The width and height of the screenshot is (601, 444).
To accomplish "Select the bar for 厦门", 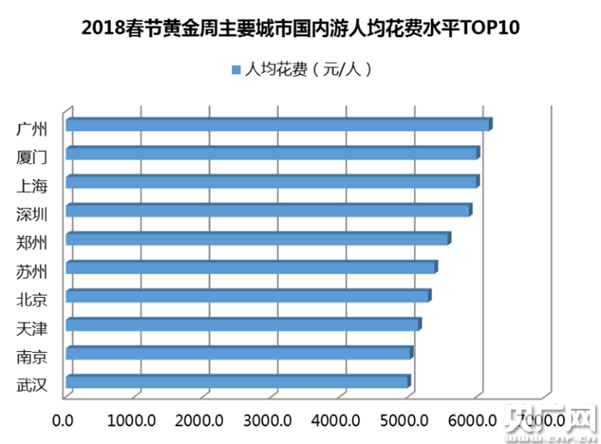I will pos(271,154).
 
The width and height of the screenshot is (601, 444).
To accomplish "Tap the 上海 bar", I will pos(271,182).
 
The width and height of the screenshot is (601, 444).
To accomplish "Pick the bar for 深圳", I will pos(267,210).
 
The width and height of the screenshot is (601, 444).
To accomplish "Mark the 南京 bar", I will pos(238,353).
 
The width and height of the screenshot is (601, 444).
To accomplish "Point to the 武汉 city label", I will pos(32,384).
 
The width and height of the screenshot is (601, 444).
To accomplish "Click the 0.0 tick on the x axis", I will pos(64,421).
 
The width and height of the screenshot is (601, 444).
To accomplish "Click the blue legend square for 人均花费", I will pos(235,69).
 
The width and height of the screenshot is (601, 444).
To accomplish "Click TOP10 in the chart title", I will pos(490,27).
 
